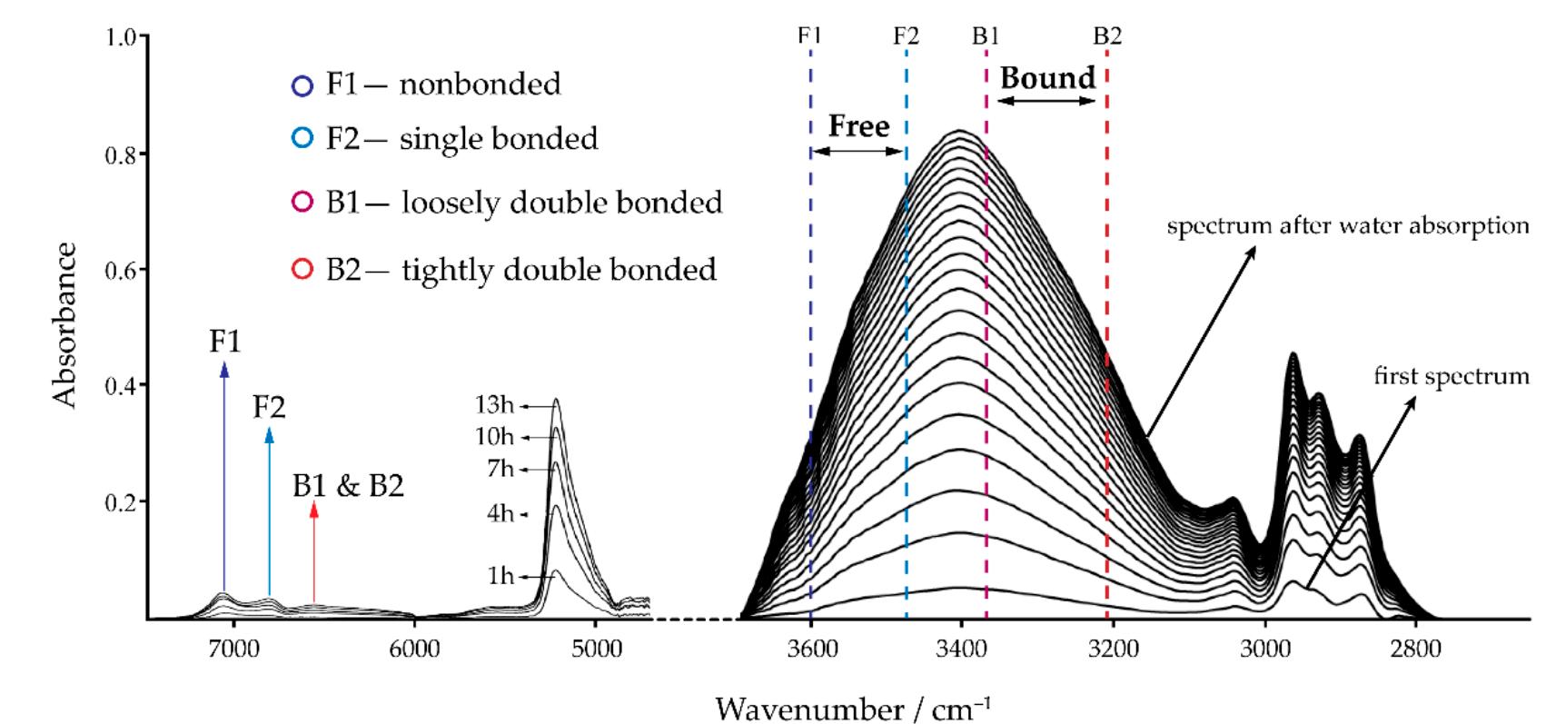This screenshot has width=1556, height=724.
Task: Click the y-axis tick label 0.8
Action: click(x=121, y=154)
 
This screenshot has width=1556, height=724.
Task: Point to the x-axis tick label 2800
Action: click(x=1415, y=649)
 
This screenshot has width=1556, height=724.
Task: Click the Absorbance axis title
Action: click(x=64, y=325)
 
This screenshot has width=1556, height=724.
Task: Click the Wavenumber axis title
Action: click(x=853, y=707)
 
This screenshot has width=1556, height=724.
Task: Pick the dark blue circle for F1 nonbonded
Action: click(x=302, y=85)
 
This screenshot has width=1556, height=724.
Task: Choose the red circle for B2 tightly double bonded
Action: click(x=302, y=270)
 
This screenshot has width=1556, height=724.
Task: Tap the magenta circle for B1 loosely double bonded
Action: click(x=302, y=202)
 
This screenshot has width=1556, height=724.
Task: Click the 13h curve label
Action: click(x=494, y=405)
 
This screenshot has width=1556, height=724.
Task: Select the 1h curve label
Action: click(x=500, y=576)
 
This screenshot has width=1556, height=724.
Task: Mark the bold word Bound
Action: click(x=1047, y=78)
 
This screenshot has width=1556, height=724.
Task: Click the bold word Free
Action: click(x=858, y=126)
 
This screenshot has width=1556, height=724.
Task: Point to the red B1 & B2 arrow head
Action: click(x=314, y=509)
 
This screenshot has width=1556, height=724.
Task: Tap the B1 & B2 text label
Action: click(x=348, y=486)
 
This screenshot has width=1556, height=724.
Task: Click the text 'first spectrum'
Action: click(x=1451, y=376)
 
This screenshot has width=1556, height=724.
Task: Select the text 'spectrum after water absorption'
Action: click(x=1347, y=225)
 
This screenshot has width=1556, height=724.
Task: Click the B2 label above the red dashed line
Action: click(x=1107, y=35)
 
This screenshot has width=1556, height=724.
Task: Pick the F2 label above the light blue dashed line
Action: click(x=906, y=35)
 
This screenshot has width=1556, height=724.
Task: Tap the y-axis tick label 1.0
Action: click(x=121, y=38)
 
